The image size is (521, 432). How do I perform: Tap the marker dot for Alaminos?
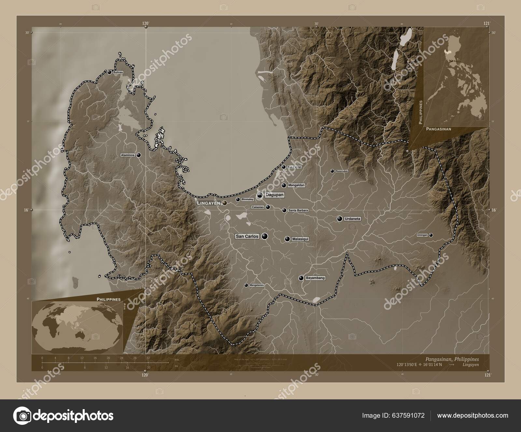[x=139, y=155]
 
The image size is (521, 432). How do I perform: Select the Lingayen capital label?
[x=208, y=203]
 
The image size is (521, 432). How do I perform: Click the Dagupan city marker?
[x=260, y=195]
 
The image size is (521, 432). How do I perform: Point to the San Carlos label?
[x=247, y=236]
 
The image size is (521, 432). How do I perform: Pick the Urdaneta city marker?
[x=340, y=219]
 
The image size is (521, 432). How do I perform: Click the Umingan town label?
[x=422, y=235]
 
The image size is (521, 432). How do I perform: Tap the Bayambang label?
[x=315, y=278]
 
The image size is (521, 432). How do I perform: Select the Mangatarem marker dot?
[x=246, y=285]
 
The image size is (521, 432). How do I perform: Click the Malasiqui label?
[x=300, y=239]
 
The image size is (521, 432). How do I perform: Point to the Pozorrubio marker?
[x=332, y=171]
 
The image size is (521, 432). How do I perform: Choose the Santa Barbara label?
[x=298, y=210]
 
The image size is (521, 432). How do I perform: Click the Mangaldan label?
[x=296, y=185]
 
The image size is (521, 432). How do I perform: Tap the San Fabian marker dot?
[x=284, y=167]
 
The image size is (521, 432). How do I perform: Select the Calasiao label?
[x=257, y=207]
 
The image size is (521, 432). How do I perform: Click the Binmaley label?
[x=248, y=199]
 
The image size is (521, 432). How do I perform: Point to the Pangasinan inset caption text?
[x=438, y=129]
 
